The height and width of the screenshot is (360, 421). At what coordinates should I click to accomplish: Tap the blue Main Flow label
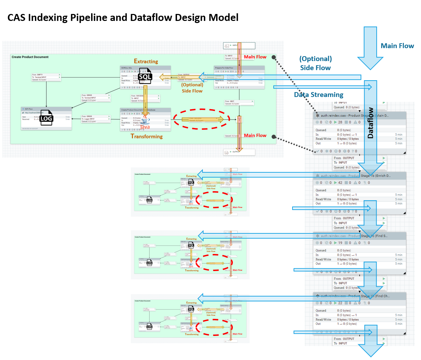(x=397, y=46)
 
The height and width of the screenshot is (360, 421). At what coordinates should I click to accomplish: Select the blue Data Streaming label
(x=318, y=95)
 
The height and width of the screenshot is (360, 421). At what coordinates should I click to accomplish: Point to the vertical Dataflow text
(x=370, y=123)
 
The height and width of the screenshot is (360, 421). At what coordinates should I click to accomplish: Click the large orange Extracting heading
(x=146, y=61)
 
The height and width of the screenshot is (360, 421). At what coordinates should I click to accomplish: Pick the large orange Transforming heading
(x=147, y=136)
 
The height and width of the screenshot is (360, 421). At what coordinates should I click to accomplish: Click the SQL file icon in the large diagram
(x=145, y=76)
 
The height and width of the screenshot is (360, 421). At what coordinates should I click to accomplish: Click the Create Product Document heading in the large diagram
(x=30, y=57)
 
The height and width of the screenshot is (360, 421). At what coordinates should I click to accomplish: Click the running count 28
(x=340, y=122)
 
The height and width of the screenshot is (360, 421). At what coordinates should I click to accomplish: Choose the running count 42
(x=340, y=182)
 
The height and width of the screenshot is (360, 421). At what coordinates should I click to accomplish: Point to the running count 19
(x=340, y=243)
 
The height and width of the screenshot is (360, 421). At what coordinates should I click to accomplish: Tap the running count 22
(x=340, y=303)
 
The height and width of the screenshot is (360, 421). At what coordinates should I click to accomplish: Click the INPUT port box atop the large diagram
(x=239, y=46)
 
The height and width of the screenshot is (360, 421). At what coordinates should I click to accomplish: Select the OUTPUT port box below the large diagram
(x=239, y=152)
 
